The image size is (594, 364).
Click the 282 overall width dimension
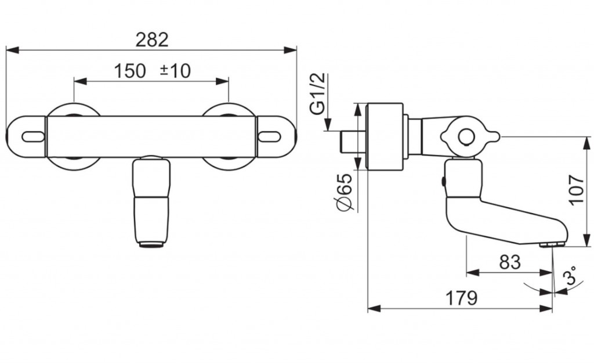click(x=152, y=39)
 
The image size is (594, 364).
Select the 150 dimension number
click(x=129, y=71)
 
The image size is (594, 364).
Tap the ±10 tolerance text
click(x=175, y=71)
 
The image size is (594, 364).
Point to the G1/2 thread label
click(x=317, y=93)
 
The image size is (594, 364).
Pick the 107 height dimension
click(x=577, y=190)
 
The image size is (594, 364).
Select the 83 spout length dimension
click(x=509, y=262)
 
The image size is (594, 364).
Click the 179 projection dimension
click(x=461, y=298)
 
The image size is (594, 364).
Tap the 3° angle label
click(x=569, y=276)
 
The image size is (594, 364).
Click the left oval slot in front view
click(x=33, y=136)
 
